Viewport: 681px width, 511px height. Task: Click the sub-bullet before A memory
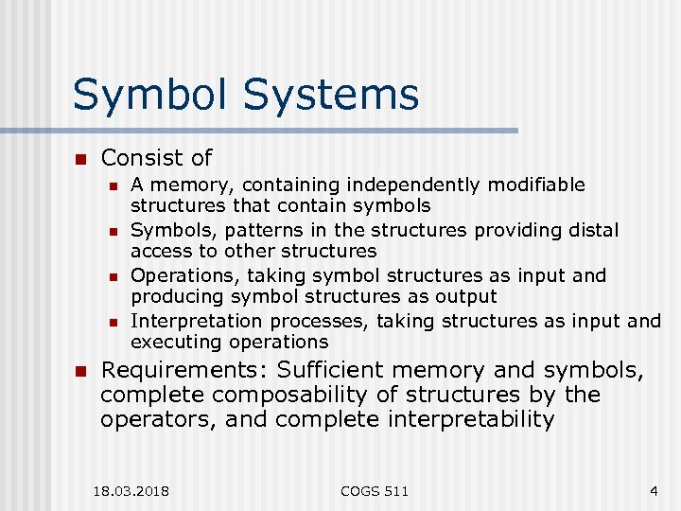113,185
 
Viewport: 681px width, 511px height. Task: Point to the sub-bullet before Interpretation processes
113,322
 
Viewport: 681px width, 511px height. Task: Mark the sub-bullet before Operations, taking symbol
113,276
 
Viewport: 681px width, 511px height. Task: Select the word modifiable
535,185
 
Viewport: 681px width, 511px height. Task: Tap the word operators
157,419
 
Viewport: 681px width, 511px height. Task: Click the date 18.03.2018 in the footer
131,491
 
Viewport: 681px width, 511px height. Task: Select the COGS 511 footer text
375,491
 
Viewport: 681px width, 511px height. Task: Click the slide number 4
654,491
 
